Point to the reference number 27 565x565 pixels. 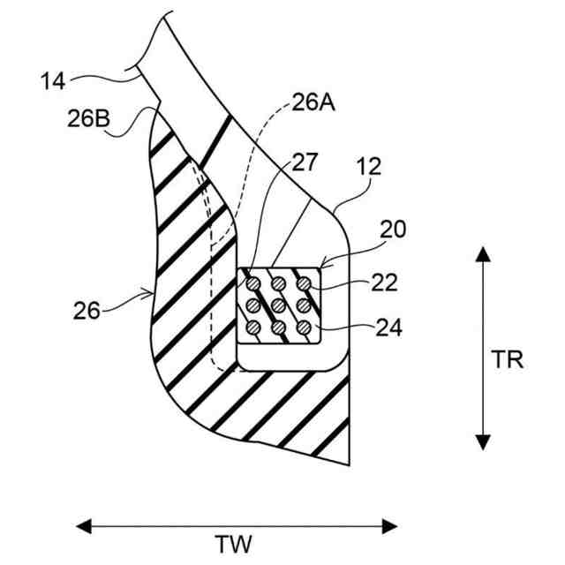tap(305, 163)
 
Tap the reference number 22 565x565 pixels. tap(386, 283)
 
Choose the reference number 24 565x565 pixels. tap(388, 328)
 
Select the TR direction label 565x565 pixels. tap(507, 361)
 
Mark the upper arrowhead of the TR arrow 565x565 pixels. tap(482, 254)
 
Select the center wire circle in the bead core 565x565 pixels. tap(278, 306)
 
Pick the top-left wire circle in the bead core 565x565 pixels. tap(252, 284)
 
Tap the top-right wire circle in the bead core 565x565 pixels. tap(304, 284)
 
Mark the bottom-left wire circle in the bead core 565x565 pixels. tap(252, 328)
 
